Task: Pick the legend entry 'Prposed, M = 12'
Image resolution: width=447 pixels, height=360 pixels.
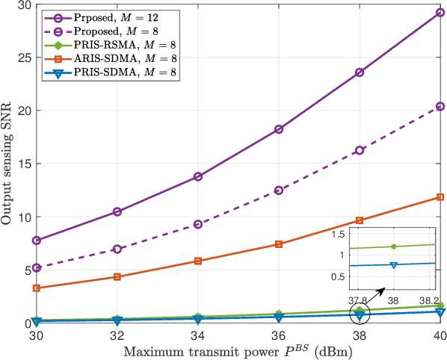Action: coord(113,16)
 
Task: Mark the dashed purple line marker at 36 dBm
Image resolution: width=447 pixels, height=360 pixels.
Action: coord(279,190)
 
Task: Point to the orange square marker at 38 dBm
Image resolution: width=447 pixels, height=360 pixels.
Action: coord(360,220)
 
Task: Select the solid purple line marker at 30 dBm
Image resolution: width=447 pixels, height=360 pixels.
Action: coord(37,240)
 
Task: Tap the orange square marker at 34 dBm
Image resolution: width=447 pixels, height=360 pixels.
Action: coord(198,261)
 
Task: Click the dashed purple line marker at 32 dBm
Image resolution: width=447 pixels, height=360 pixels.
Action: coord(117,249)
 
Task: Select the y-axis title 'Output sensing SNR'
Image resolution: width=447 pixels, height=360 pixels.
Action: coord(8,164)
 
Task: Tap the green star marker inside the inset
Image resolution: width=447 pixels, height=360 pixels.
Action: coord(393,246)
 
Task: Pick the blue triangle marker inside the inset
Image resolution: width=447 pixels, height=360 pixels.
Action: coord(393,264)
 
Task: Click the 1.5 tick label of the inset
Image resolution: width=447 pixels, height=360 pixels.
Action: coord(340,234)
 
